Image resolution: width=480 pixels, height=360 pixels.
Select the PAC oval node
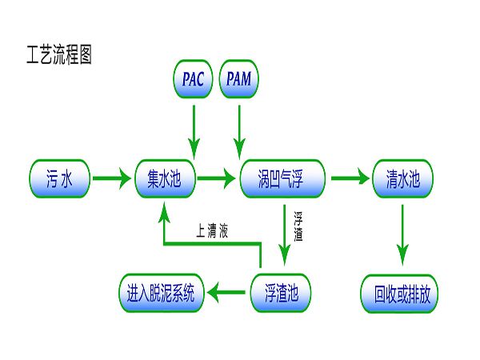[x=192, y=78]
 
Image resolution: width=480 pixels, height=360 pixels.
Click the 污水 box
[x=60, y=178]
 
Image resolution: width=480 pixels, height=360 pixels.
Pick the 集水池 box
[x=166, y=178]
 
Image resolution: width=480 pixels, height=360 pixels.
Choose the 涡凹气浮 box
[x=282, y=178]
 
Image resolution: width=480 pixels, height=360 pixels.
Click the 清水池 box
[x=402, y=178]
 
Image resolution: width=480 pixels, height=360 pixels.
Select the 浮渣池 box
[x=280, y=293]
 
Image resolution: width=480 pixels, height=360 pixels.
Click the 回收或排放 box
[x=402, y=293]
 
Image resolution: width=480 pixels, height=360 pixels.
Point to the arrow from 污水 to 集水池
[x=110, y=178]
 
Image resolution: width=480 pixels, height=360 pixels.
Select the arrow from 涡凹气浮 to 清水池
[x=349, y=178]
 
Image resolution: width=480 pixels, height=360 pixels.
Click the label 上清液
[x=212, y=231]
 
